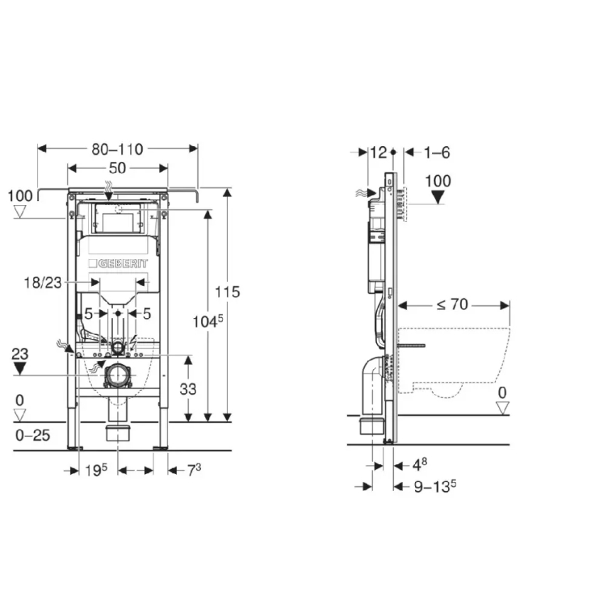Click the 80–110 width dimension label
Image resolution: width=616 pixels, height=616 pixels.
coord(117,149)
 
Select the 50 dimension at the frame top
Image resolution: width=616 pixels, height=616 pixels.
coord(118,168)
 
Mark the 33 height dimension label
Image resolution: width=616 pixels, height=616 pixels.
coord(188,388)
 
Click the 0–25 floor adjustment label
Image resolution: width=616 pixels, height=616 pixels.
coord(33,435)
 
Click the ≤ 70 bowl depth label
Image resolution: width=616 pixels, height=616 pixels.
coord(452,305)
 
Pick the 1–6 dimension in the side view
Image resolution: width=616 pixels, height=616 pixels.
coord(437,152)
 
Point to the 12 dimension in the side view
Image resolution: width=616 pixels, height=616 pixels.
coord(378,152)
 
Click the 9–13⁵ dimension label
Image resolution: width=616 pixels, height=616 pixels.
coord(434,486)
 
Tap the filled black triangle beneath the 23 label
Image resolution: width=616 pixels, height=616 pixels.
coord(20,368)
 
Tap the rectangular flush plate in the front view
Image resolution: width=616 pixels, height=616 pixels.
coord(116,221)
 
